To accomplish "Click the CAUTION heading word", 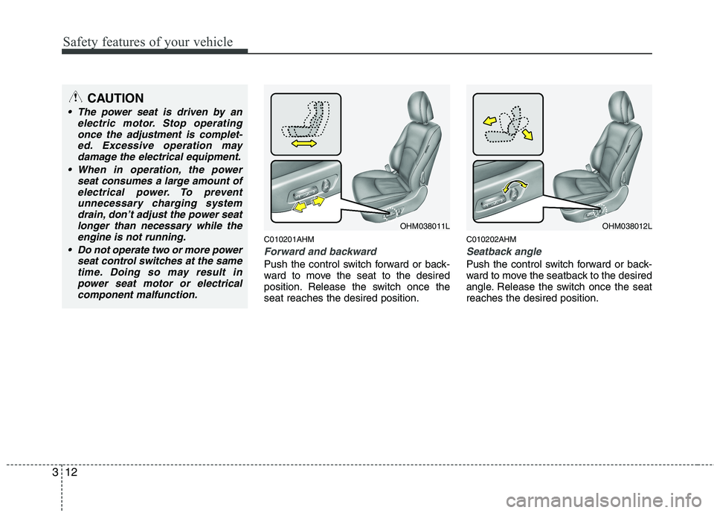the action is (115, 98).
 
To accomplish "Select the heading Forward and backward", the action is (320, 251).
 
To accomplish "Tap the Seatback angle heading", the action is (504, 251).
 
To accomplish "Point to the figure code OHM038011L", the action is (425, 226).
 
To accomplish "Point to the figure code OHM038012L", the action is (627, 226).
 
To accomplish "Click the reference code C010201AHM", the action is (289, 239).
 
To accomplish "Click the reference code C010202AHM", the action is (492, 239).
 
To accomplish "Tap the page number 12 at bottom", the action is (71, 472).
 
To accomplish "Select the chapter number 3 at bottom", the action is (54, 472).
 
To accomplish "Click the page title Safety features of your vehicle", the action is (147, 42).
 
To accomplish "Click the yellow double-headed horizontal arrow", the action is (304, 144).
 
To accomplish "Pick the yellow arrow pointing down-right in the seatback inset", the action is (527, 133).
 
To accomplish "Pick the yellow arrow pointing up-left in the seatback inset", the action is (489, 121).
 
